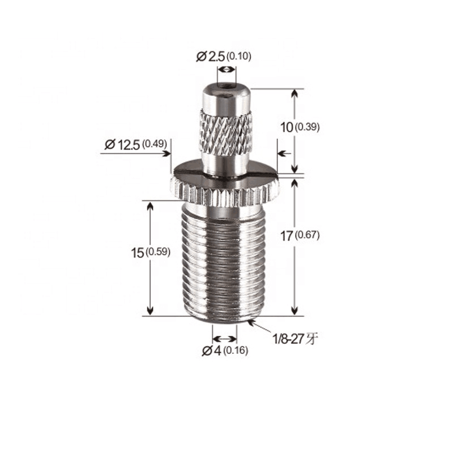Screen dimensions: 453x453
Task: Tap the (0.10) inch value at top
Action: coord(238,56)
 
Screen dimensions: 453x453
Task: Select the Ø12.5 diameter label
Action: coord(122,144)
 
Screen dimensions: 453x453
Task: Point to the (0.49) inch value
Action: coord(155,144)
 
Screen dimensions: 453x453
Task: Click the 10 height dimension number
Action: coord(287,127)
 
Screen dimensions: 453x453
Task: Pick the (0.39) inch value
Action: coord(307,126)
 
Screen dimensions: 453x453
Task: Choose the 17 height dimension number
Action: coord(287,236)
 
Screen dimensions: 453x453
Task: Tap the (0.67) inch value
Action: coord(307,235)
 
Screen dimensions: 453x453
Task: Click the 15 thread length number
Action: coord(138,253)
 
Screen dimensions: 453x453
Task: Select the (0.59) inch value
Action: coord(158,252)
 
